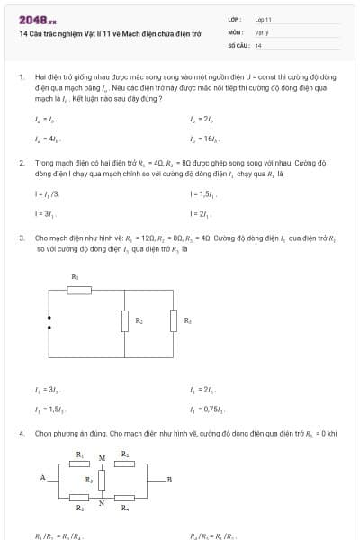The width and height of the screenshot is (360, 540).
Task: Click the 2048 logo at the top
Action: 37,19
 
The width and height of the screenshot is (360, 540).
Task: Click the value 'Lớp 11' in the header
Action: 263,19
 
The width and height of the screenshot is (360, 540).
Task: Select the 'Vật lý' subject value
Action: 261,31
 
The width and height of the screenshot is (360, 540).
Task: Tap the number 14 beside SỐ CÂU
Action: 258,44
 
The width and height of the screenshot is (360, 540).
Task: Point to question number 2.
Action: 21,163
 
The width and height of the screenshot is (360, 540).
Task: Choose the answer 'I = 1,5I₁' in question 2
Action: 202,193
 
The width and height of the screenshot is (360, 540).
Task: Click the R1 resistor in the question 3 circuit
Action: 79,289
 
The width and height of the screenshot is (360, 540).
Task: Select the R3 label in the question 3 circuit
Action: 187,320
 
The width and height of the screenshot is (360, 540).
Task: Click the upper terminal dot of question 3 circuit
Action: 49,319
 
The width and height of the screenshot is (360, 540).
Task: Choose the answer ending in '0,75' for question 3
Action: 205,409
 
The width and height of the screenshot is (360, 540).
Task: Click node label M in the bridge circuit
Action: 102,458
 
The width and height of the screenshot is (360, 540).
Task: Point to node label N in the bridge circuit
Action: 102,503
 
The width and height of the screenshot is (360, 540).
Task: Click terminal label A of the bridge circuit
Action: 42,478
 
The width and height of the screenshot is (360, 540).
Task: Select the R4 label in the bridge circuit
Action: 125,509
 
